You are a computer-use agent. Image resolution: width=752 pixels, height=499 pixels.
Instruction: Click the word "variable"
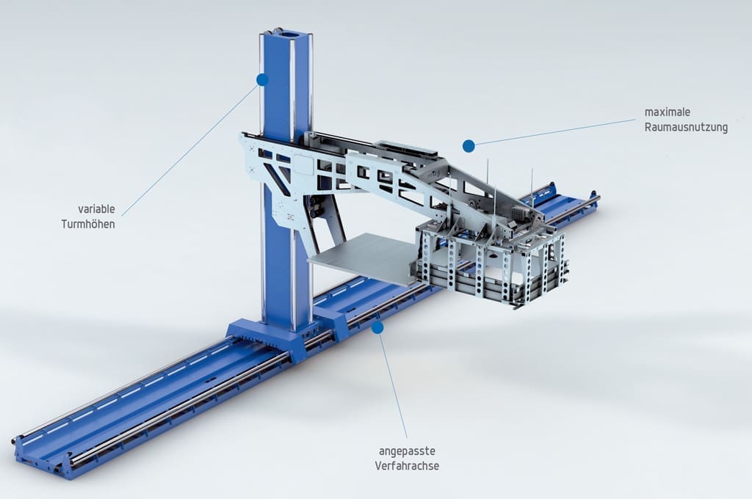click(x=96, y=209)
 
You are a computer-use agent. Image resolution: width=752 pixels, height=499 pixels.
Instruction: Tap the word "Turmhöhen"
click(x=88, y=224)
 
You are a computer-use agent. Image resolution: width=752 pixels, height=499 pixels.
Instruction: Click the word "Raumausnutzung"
click(x=687, y=127)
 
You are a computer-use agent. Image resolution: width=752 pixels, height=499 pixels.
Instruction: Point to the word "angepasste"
click(x=407, y=451)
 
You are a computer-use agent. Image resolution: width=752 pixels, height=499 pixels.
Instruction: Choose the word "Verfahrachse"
click(x=407, y=465)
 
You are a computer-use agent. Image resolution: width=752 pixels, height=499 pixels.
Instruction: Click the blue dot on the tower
click(x=262, y=79)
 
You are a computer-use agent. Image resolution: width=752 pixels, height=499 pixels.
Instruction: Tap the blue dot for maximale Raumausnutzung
click(x=469, y=146)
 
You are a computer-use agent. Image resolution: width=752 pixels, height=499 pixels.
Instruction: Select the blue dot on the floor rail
click(x=378, y=327)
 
